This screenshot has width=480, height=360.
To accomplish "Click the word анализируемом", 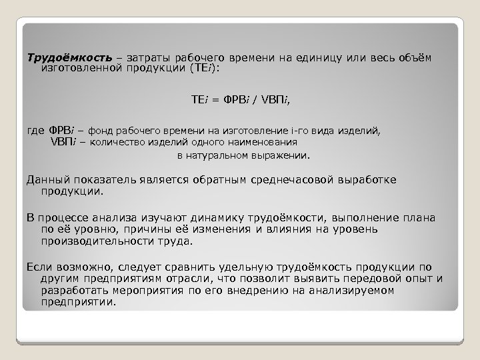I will pos(353,291).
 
